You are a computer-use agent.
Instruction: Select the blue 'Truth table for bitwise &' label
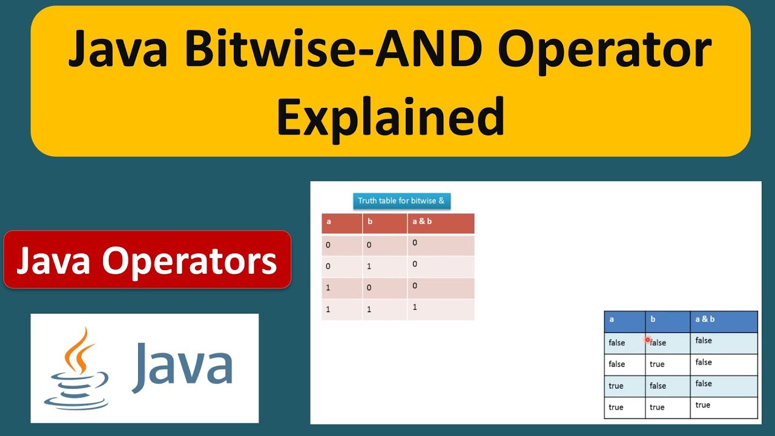(x=401, y=200)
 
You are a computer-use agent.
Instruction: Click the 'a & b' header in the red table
(x=422, y=222)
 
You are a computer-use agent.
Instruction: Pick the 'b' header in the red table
(x=370, y=222)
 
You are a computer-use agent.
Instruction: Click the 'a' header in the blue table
(x=612, y=319)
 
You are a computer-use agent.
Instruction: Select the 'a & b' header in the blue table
(x=705, y=319)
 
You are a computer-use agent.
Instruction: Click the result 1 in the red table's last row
(x=415, y=307)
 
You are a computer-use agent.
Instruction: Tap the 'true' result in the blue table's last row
(x=703, y=405)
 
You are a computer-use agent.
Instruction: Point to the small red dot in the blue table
(x=647, y=340)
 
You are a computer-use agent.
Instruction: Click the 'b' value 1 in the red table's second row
(x=369, y=266)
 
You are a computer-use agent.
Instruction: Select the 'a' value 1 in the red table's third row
(x=328, y=288)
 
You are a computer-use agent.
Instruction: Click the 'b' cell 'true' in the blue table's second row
(x=657, y=364)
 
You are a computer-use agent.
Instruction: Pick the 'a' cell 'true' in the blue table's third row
(x=616, y=386)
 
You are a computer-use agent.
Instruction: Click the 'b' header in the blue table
(x=653, y=319)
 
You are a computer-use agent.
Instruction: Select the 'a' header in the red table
(x=329, y=222)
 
